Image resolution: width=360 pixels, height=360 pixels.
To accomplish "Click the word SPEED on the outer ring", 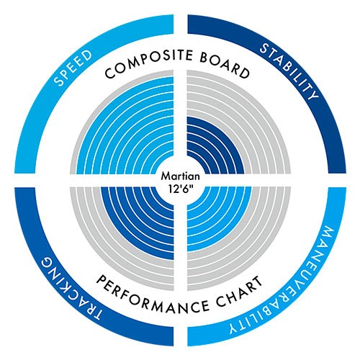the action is click(73, 68).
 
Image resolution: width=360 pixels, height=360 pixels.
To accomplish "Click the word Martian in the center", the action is click(180, 176).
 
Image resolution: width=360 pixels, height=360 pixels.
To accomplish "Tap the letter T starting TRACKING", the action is click(95, 312).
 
